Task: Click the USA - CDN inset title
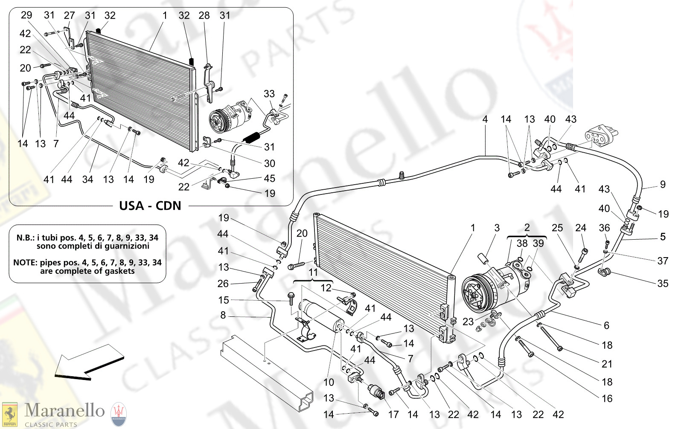pyautogui.click(x=150, y=206)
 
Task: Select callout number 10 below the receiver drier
pyautogui.click(x=329, y=382)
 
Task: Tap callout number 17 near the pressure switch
pyautogui.click(x=393, y=414)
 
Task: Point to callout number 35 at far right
pyautogui.click(x=662, y=284)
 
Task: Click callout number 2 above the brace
pyautogui.click(x=527, y=227)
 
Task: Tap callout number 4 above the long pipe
pyautogui.click(x=485, y=119)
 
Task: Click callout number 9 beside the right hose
pyautogui.click(x=663, y=184)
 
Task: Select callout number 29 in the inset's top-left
pyautogui.click(x=26, y=15)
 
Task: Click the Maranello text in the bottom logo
pyautogui.click(x=64, y=410)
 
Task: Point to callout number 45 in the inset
pyautogui.click(x=269, y=178)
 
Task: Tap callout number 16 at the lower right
pyautogui.click(x=607, y=398)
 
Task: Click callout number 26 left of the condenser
pyautogui.click(x=223, y=284)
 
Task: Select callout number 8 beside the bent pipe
pyautogui.click(x=223, y=315)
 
